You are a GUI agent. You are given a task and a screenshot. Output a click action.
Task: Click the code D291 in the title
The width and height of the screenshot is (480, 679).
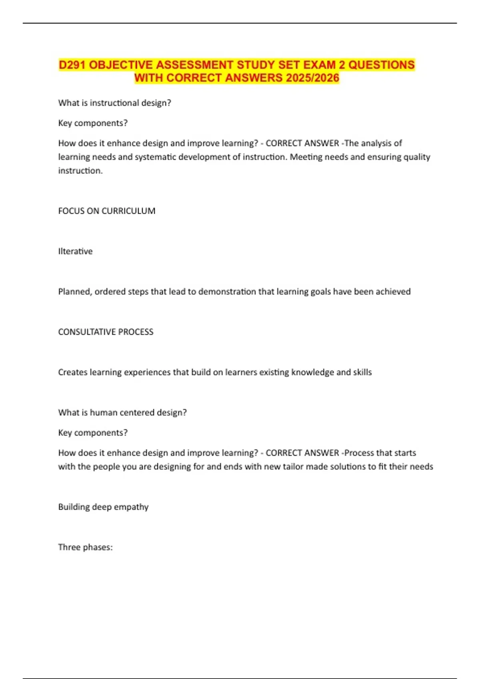[x=72, y=65]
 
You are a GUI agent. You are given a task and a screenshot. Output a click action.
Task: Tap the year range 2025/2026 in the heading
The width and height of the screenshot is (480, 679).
[x=312, y=78]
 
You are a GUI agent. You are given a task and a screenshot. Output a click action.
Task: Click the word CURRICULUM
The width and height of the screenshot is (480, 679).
[x=129, y=211]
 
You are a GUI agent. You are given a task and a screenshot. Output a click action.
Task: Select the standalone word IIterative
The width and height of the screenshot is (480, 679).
[x=75, y=251]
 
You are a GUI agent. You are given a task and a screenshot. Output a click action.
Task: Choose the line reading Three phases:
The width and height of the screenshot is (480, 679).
[x=85, y=547]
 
